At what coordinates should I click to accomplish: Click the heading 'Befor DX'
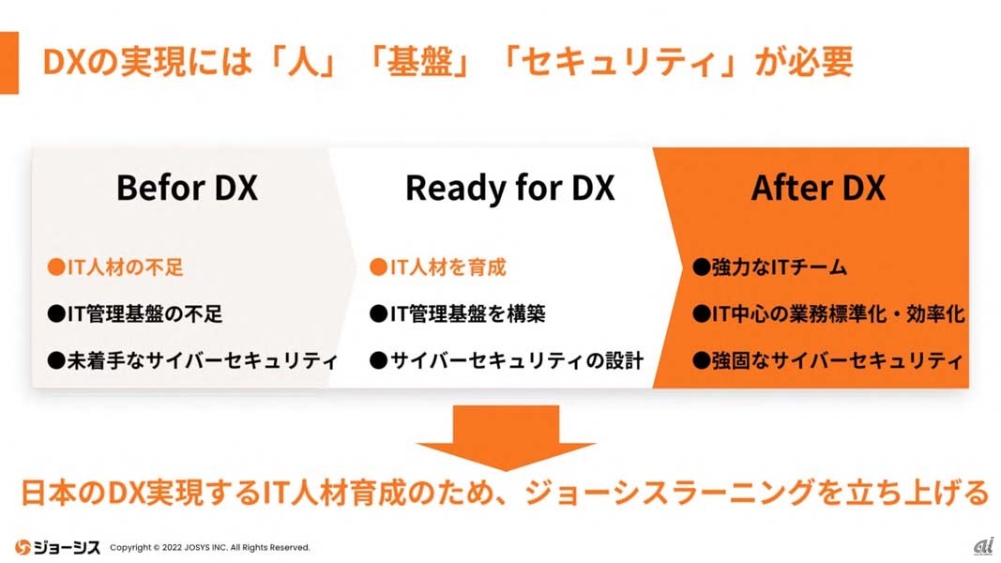tap(187, 188)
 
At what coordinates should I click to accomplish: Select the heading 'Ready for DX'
tap(509, 188)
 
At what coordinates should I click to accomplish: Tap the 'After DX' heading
tap(818, 188)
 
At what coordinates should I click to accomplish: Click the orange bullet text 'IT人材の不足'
tap(115, 267)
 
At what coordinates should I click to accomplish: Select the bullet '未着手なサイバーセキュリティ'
tap(192, 360)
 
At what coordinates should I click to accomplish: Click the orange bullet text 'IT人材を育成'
tap(438, 267)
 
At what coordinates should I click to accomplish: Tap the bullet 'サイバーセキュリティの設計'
tap(507, 360)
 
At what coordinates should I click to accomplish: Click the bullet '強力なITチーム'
tap(770, 267)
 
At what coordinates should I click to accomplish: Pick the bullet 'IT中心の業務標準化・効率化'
tap(829, 313)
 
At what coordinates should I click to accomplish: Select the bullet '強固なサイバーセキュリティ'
tap(828, 360)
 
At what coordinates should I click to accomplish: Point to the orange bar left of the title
tap(8, 62)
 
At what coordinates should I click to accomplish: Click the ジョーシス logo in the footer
tap(56, 546)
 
